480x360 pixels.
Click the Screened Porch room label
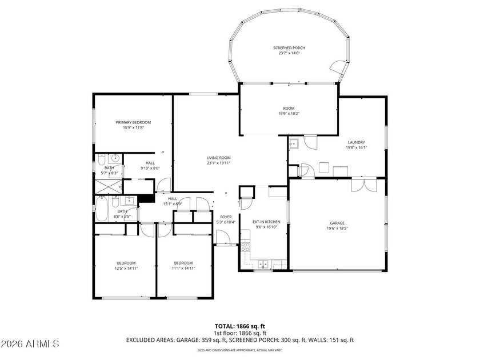tap(289, 48)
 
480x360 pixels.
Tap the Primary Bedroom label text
tap(133, 122)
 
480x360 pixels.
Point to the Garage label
tap(337, 223)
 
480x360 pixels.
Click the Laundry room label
tap(356, 142)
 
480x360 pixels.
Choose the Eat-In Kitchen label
tap(266, 221)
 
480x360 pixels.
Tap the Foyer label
tap(226, 217)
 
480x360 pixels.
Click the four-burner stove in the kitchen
tap(246, 247)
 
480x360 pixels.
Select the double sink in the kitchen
tap(263, 264)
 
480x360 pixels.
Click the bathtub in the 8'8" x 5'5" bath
tap(102, 210)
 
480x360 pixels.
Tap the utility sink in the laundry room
tap(294, 143)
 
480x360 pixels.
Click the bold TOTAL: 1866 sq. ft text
tap(239, 326)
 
